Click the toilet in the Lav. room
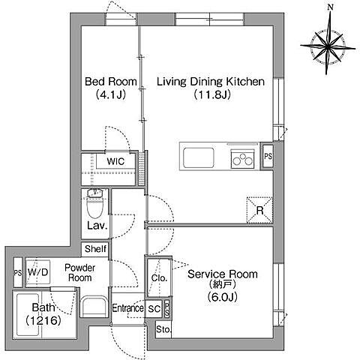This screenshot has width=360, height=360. pos(95,204)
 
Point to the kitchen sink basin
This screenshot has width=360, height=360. pos(199,157)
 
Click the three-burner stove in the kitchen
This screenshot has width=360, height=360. pos(242,159)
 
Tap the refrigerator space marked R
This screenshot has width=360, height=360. pos(259,210)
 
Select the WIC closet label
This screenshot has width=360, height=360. pos(115,161)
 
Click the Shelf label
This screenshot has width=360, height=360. pos(95,249)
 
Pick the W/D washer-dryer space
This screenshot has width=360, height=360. pos(37,272)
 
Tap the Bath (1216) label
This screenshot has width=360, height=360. pos(43,314)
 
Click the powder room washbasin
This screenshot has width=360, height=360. pos(94,307)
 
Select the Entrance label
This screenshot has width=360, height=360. pos(127,308)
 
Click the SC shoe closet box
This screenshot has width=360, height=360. pos(154,309)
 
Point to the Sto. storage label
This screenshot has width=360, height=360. pos(163,329)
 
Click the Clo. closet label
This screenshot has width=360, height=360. pos(159,278)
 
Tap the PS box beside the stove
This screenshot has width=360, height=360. pos(268,156)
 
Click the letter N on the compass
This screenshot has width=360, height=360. pos(331,7)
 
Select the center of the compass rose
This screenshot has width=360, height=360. pos(328,46)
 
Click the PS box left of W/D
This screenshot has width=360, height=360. pos(18,272)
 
